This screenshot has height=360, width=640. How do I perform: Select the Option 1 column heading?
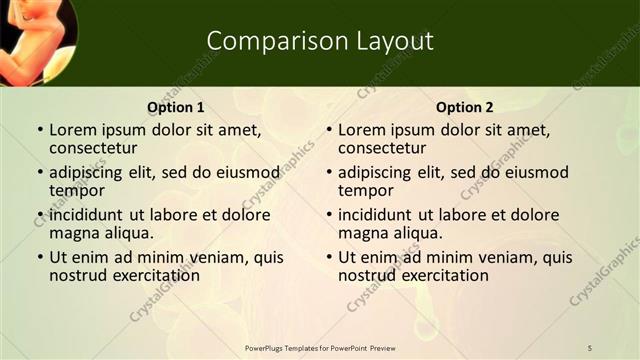point(175,107)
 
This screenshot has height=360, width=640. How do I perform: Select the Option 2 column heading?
point(464,107)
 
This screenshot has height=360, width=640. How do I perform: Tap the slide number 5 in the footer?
point(590,347)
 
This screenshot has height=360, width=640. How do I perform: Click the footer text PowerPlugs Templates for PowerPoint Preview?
point(320,347)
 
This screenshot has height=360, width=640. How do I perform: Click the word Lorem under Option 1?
point(73,130)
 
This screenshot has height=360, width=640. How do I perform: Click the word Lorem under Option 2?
point(362,130)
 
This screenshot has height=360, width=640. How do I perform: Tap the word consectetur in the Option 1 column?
point(93,148)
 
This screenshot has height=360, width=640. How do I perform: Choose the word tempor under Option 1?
point(77,190)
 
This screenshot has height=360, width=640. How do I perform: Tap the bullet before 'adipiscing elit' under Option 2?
point(328,173)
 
